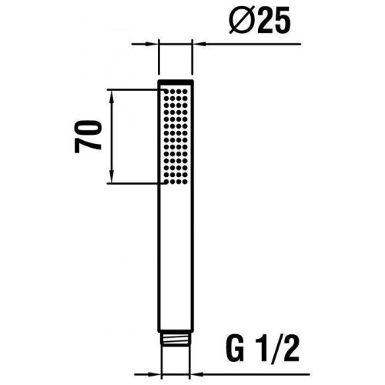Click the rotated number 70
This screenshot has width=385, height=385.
[x=91, y=136]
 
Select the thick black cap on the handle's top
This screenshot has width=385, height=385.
[x=176, y=82]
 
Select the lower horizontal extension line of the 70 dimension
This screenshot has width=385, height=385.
[x=135, y=183]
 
